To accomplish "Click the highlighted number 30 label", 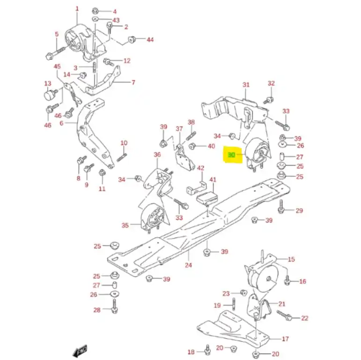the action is point(231,155).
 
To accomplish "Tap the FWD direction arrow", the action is point(80,351).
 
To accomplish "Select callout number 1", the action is point(77,9).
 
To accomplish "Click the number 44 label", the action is point(150,40).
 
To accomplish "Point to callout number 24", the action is point(188,265).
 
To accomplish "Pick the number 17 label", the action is point(285,339).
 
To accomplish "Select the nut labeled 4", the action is point(96,11).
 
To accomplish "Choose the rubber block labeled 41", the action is point(206,198).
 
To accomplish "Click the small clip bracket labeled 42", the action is point(196,187).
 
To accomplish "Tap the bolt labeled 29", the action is point(281,207).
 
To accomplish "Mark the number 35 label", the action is point(125,225).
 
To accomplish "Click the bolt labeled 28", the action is point(114,306).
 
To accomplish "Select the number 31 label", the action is point(246,84).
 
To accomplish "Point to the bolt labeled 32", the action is point(269,100).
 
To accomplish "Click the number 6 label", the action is point(61,123).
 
